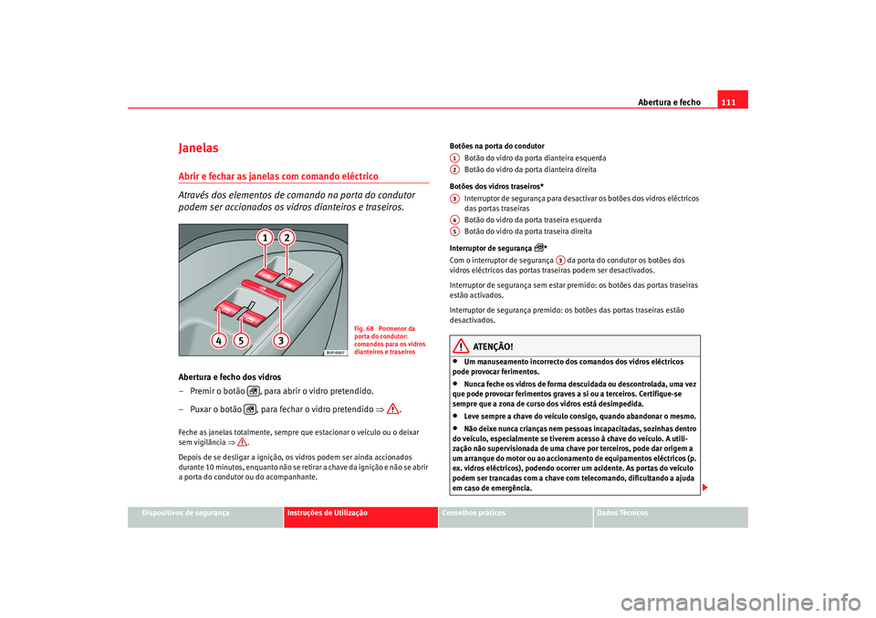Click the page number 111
click(x=731, y=101)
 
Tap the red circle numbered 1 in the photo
click(x=264, y=238)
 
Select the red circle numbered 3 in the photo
click(x=282, y=340)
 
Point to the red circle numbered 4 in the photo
click(x=218, y=340)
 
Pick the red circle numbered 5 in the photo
click(x=241, y=340)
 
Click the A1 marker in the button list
click(x=454, y=158)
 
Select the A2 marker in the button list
click(x=454, y=170)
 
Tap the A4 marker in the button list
click(x=454, y=220)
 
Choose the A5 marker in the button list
click(x=454, y=232)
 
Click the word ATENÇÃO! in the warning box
click(x=493, y=346)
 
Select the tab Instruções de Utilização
click(x=327, y=514)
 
